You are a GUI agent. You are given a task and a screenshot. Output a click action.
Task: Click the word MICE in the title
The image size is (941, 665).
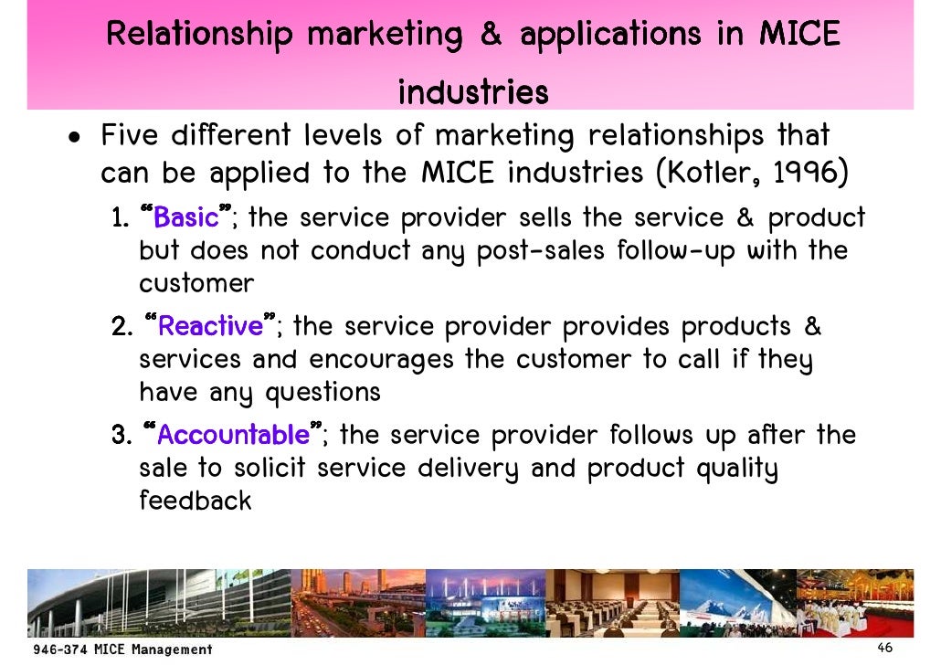coord(799,35)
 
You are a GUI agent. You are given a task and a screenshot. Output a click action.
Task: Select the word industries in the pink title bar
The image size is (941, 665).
coord(473,92)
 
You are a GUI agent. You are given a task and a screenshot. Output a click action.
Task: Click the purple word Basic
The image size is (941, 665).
coord(186,218)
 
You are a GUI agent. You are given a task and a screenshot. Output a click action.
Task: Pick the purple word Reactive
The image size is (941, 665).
coord(211,326)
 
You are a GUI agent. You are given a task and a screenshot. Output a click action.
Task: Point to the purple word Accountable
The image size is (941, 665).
coord(234,434)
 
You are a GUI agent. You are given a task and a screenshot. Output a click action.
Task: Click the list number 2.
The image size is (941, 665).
coord(121,326)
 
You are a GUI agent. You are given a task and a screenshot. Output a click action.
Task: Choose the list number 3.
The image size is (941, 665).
coord(121,434)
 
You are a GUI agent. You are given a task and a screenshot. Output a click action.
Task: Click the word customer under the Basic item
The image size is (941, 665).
coord(196,283)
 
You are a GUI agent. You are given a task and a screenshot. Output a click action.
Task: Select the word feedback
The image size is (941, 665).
coord(195,501)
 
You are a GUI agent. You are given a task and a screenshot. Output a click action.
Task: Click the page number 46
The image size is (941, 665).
coord(883,648)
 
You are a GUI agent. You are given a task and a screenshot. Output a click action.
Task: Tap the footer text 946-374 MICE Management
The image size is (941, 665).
coord(122,649)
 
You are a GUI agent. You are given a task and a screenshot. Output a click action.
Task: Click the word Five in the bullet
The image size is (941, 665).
coord(135,137)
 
